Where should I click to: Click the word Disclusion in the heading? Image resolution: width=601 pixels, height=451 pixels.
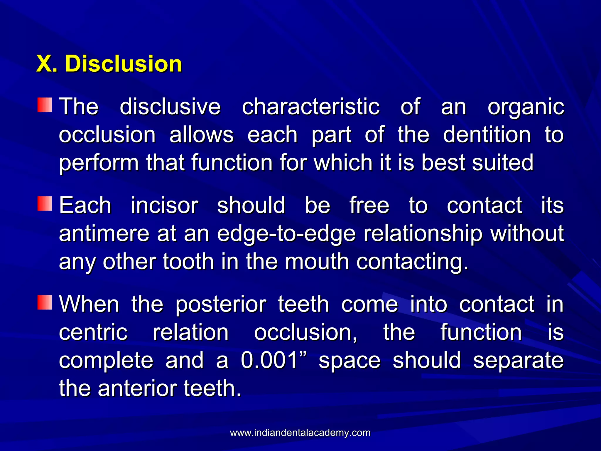(124, 64)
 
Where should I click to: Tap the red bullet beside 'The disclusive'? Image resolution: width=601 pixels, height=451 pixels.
(45, 105)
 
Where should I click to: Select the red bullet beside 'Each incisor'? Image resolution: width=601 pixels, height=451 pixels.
(45, 204)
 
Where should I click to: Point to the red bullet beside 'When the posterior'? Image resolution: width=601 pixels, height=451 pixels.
(45, 303)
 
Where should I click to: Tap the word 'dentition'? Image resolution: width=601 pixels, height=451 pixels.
(487, 135)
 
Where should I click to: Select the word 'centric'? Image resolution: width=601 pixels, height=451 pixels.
(93, 332)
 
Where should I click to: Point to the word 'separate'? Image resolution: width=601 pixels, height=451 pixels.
(518, 361)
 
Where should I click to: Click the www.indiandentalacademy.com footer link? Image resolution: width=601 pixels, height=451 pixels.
(300, 433)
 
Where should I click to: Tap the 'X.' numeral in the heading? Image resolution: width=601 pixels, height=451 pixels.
(46, 64)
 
